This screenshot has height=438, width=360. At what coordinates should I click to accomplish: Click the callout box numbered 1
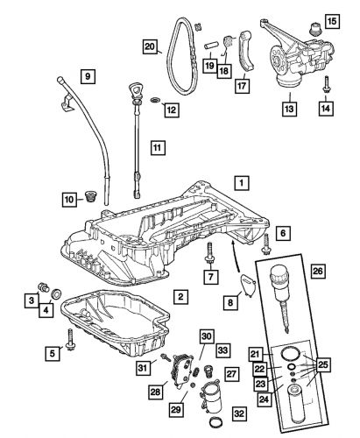point(241,183)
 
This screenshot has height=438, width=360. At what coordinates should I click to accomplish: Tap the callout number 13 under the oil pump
point(289,109)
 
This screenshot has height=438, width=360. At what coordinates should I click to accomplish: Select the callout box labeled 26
point(317,272)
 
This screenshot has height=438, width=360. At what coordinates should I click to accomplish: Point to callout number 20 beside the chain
point(150,46)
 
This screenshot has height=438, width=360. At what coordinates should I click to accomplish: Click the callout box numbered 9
point(88,76)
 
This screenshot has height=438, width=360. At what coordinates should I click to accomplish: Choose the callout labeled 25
point(323,364)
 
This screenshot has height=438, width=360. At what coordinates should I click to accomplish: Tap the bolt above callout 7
point(209,253)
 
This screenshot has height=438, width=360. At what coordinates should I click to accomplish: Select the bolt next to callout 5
point(70,340)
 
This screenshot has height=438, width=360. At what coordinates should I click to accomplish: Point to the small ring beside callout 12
point(155,101)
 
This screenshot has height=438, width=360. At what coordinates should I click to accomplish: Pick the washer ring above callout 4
point(56,293)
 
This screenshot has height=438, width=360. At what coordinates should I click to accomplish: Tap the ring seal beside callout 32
point(216,422)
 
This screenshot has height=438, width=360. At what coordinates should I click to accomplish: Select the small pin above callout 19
point(210,46)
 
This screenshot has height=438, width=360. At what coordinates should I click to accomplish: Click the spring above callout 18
point(228,42)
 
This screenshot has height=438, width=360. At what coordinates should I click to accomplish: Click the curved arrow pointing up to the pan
point(236,255)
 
